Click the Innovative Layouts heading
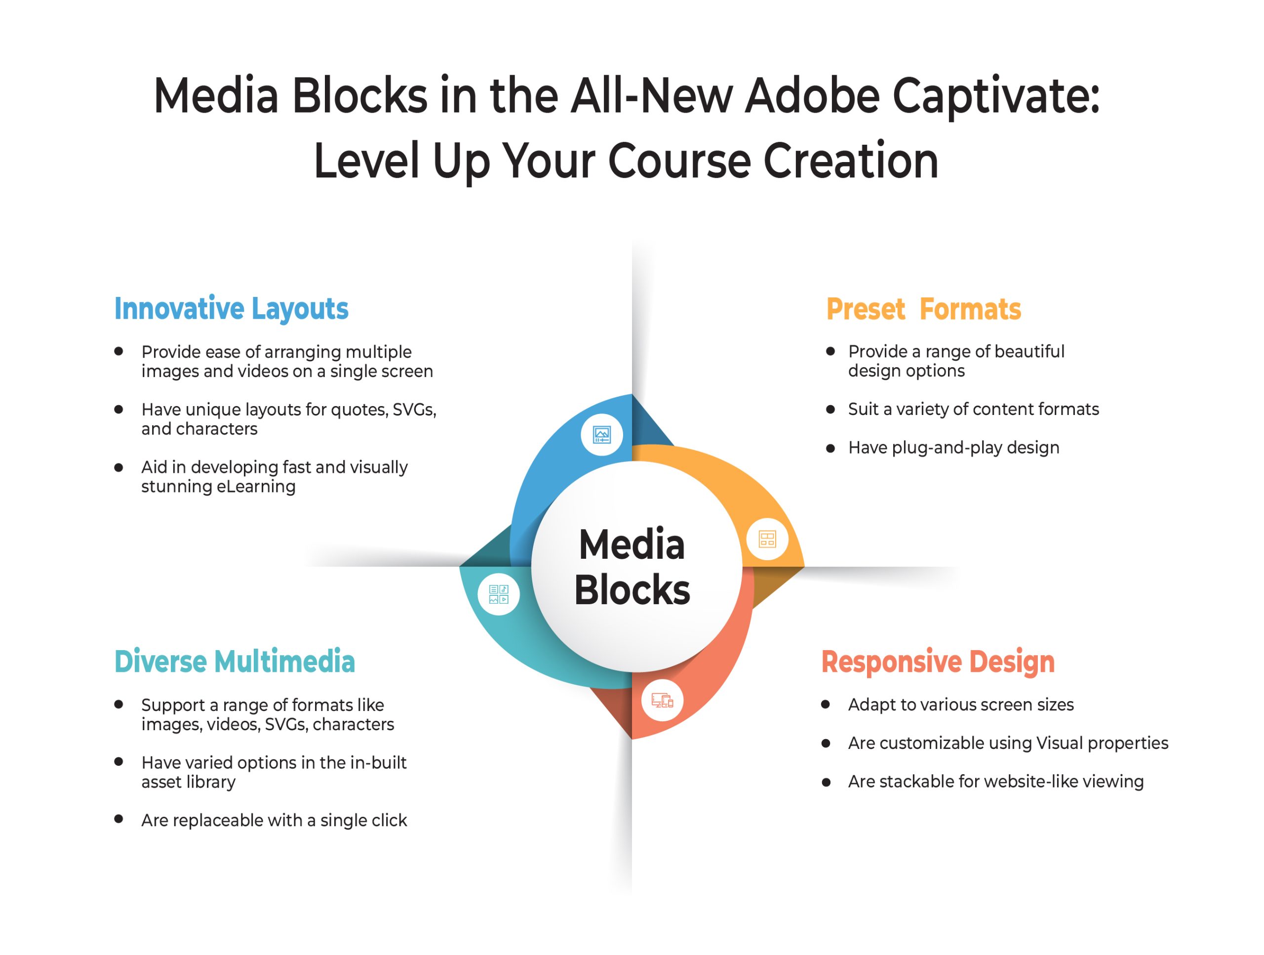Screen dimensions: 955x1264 [231, 309]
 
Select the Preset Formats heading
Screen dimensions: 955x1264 [923, 309]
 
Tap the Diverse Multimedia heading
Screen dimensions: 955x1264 [235, 662]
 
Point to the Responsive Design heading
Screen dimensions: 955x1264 [938, 662]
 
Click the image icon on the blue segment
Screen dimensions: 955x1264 [602, 435]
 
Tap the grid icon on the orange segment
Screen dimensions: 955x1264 [767, 539]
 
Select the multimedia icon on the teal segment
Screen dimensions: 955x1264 [498, 594]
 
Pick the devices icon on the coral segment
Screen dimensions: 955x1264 [662, 700]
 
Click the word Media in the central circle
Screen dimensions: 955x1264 [632, 544]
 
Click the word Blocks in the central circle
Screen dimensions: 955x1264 [632, 590]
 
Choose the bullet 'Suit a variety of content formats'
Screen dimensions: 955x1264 [973, 409]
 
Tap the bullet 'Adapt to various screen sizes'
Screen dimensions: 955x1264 [960, 705]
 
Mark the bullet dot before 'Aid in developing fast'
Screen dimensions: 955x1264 [119, 467]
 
